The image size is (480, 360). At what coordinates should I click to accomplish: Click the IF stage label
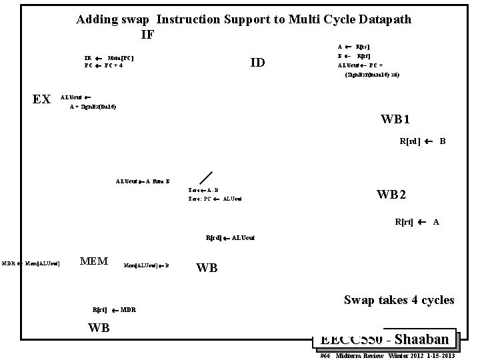[148, 34]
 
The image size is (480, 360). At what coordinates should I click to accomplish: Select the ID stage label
[257, 63]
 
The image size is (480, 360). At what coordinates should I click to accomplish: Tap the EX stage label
[42, 99]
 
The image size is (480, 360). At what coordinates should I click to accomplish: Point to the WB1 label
[395, 120]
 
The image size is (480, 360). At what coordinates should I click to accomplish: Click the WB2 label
[391, 195]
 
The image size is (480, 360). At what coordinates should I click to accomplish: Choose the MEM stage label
[94, 261]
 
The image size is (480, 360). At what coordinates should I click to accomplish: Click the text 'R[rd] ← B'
[422, 141]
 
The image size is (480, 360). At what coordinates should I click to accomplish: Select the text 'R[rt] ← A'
[417, 222]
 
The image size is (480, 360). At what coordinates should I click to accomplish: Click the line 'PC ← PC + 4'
[103, 66]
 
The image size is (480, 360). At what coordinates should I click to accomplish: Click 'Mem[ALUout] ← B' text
[147, 265]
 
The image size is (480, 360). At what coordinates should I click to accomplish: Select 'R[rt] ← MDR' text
[114, 310]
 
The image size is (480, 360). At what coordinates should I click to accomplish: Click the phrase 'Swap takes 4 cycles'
[399, 300]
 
